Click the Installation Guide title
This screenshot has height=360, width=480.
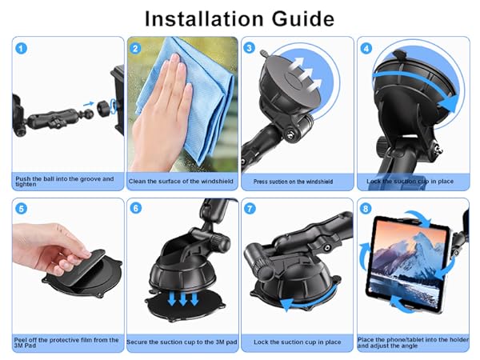click(x=240, y=17)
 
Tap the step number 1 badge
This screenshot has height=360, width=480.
click(x=22, y=48)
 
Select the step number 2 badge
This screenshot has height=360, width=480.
click(x=136, y=48)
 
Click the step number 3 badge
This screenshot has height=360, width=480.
click(x=250, y=48)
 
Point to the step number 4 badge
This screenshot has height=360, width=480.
click(x=366, y=48)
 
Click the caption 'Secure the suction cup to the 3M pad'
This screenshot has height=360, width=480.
click(x=182, y=341)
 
